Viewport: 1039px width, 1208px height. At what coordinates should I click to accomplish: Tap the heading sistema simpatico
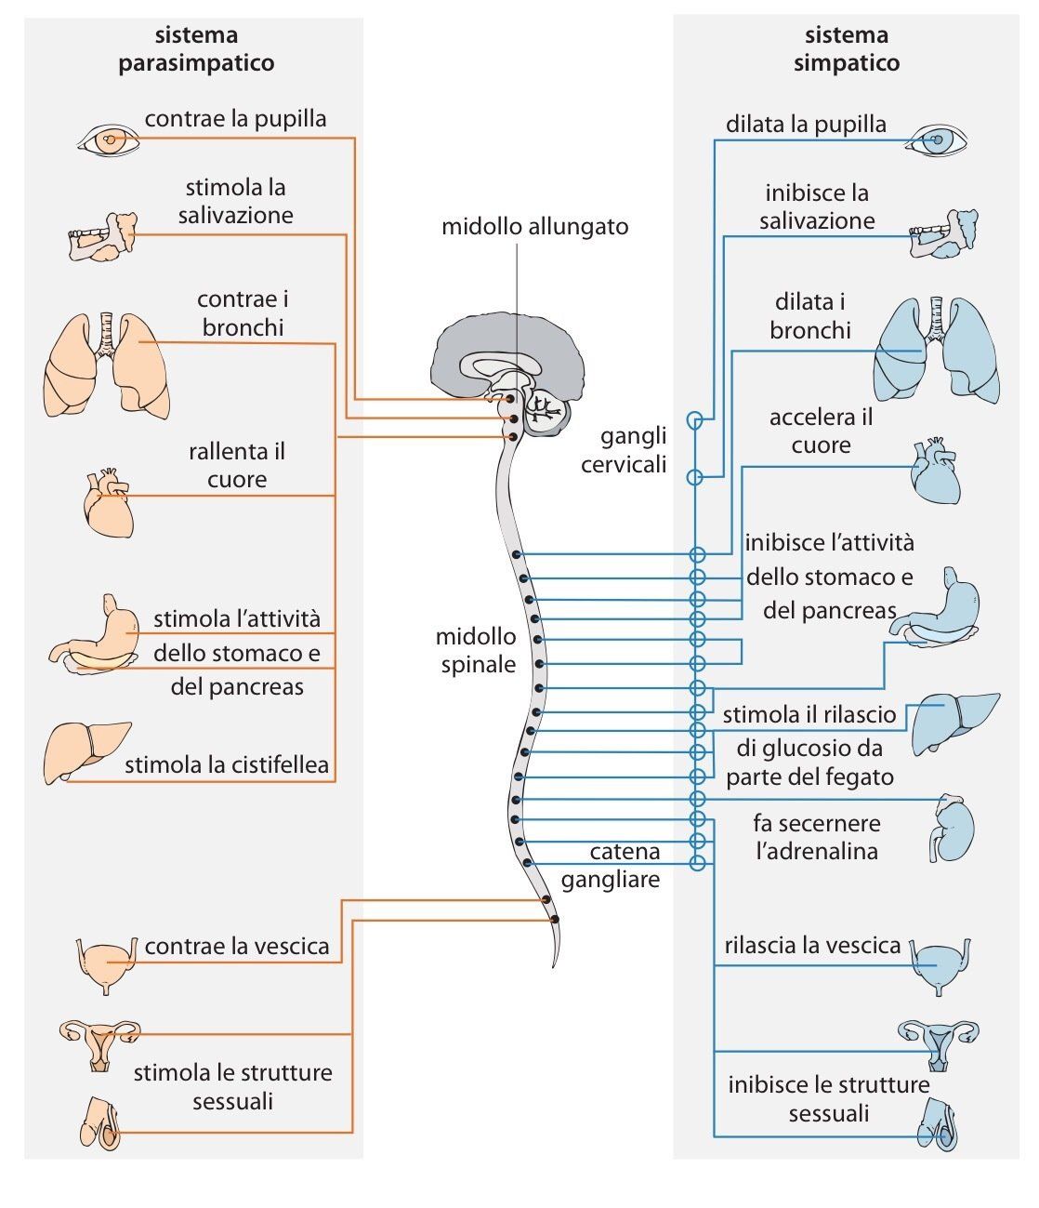pyautogui.click(x=846, y=49)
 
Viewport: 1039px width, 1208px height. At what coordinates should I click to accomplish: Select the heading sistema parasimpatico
pyautogui.click(x=196, y=49)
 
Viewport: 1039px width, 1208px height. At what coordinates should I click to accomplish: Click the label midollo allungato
pyautogui.click(x=534, y=227)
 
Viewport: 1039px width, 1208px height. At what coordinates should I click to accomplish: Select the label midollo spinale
pyautogui.click(x=476, y=650)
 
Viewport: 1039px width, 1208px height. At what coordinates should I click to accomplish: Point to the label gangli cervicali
pyautogui.click(x=624, y=450)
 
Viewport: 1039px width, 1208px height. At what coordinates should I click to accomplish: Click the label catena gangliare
pyautogui.click(x=624, y=865)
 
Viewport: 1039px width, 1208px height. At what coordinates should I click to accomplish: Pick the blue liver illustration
pyautogui.click(x=952, y=721)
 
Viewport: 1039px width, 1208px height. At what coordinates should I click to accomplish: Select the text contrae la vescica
pyautogui.click(x=237, y=947)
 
